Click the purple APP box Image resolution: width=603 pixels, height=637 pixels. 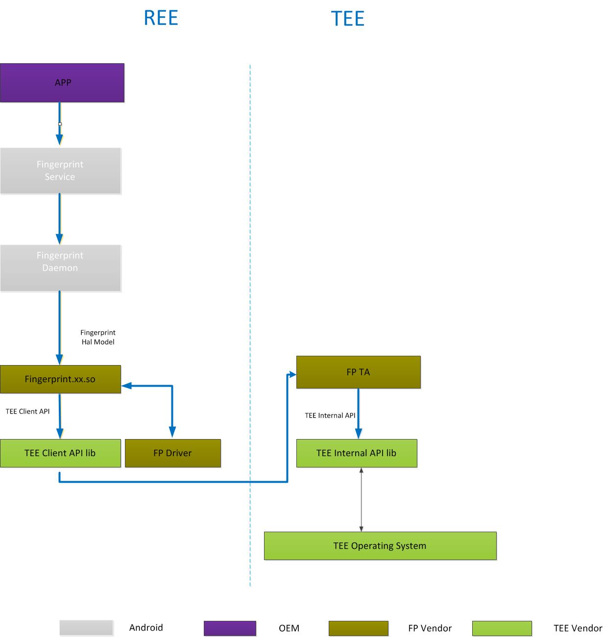62,82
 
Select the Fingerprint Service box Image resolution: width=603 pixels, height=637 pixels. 60,171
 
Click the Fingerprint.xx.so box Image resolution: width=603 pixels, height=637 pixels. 60,379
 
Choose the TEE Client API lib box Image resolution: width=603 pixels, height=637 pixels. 60,453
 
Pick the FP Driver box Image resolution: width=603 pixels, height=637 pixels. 172,453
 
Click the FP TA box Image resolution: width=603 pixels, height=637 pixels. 358,372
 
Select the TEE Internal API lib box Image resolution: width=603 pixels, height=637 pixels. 357,453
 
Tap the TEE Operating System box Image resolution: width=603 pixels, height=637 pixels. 380,545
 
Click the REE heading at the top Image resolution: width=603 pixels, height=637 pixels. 161,18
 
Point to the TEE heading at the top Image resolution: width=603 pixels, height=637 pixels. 348,19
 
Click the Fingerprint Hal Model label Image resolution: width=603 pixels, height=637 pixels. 98,337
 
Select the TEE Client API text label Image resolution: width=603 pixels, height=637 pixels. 27,411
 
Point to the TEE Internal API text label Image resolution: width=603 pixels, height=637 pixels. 330,415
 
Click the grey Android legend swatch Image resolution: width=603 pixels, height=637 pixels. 86,628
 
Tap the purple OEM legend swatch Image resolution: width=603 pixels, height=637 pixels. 230,628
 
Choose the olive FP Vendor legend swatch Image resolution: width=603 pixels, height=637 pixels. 358,628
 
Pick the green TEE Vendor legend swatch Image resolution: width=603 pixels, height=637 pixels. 502,628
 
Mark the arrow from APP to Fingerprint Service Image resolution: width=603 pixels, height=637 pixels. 60,123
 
